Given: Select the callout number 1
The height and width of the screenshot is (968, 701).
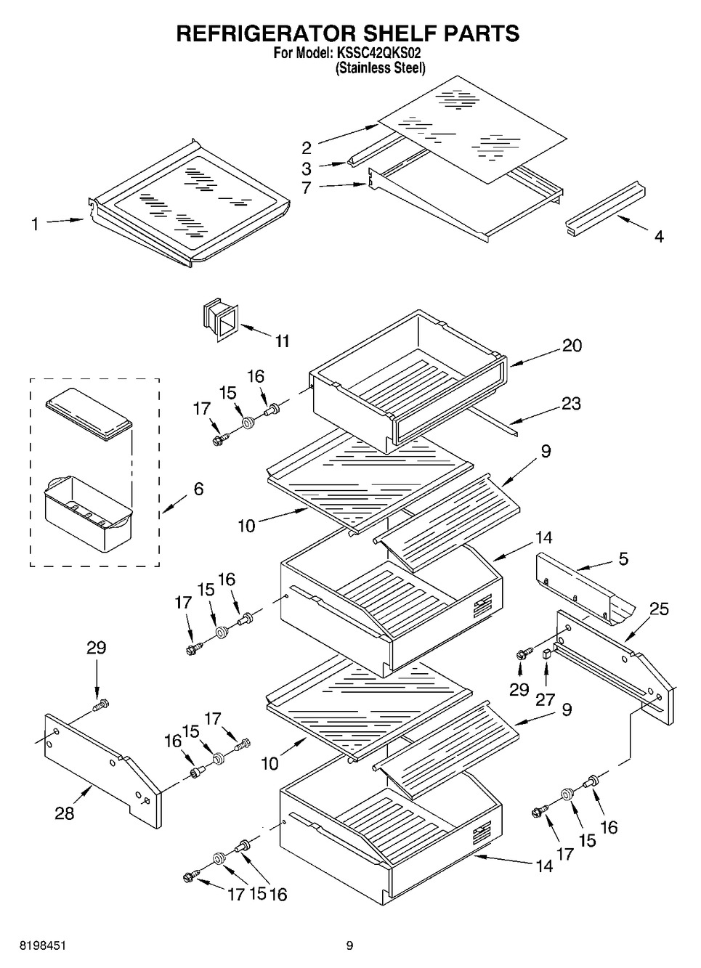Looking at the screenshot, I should coord(35,224).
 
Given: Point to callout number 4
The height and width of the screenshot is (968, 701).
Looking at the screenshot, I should coord(658,236).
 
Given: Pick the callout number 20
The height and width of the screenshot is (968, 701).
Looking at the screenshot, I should coord(572,345).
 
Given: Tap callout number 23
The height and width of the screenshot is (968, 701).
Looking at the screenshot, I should coord(571,403).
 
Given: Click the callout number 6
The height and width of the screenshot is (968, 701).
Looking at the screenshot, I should coord(198,489).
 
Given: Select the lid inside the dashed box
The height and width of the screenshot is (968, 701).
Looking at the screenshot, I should coord(89,419).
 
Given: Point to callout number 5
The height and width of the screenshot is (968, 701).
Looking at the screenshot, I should coord(623,559).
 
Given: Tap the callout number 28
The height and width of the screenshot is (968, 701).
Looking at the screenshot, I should coord(65,813).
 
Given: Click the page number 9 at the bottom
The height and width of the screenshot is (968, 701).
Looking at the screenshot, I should coord(349,945).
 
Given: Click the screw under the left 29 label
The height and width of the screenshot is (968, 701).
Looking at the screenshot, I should coord(101,704).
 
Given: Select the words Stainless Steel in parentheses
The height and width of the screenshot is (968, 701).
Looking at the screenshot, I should coord(380,68).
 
